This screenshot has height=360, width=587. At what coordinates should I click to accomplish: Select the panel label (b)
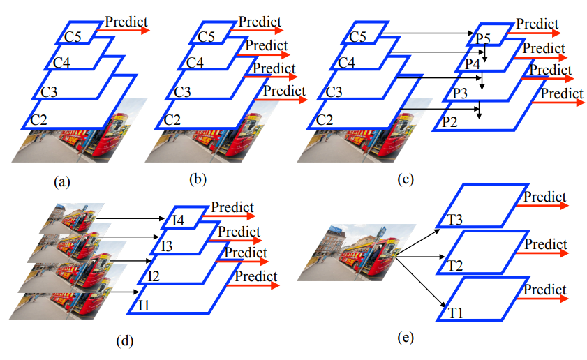tap(198, 179)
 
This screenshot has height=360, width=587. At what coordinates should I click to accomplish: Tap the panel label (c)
tap(406, 179)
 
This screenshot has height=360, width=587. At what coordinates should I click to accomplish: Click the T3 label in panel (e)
tap(455, 220)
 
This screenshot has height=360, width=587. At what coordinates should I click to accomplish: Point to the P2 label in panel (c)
tap(449, 122)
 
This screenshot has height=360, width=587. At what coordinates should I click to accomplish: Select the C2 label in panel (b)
tap(172, 119)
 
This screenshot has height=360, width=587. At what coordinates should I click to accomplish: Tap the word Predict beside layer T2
tap(546, 244)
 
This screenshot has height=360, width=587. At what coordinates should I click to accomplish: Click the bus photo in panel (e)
tap(357, 252)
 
